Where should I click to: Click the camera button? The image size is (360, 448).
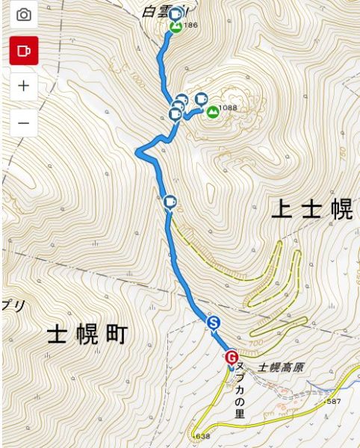pos(24,15)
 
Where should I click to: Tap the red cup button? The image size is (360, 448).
pos(24,50)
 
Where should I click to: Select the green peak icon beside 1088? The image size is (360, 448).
pos(213,112)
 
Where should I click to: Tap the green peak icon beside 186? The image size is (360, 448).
pos(176,27)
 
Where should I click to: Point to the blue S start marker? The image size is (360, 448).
pos(214,322)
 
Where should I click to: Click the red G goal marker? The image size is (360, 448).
pos(232,357)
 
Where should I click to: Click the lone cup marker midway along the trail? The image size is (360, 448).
pos(170,202)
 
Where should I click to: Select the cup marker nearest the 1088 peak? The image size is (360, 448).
pos(200,98)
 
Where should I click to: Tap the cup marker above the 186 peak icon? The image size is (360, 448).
pos(176,14)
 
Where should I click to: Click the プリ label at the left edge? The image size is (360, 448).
pos(13,305)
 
